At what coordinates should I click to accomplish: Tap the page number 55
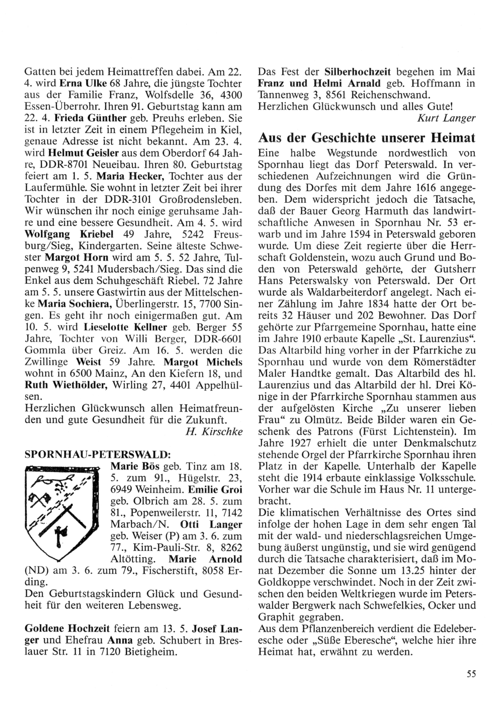click(x=471, y=675)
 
